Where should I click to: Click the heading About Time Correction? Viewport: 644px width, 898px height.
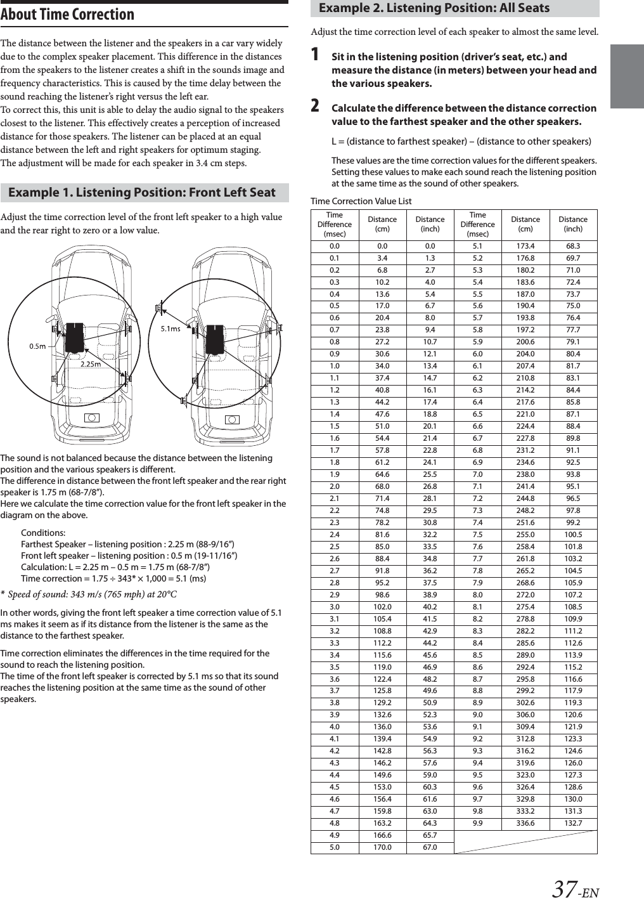point(67,15)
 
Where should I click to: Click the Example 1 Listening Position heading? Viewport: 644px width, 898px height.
point(142,193)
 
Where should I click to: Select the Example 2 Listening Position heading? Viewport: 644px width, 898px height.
point(434,8)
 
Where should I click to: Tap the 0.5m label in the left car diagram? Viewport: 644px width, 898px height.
point(37,346)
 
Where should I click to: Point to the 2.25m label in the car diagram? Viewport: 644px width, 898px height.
point(91,365)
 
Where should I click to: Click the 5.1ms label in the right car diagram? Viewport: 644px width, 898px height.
point(170,329)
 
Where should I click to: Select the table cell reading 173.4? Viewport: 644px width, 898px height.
point(525,246)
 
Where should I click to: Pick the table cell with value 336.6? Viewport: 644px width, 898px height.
point(525,823)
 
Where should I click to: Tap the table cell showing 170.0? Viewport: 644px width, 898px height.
point(382,847)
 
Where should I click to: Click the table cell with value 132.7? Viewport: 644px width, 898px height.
point(573,823)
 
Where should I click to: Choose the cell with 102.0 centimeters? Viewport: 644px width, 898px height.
point(382,607)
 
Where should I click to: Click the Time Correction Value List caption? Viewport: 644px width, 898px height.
point(361,201)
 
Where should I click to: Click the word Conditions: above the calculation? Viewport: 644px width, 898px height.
point(43,533)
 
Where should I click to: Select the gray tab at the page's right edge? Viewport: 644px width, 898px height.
point(627,76)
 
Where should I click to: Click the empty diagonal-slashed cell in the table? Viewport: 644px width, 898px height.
point(525,842)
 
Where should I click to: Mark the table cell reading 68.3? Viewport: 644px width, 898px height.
point(573,246)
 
